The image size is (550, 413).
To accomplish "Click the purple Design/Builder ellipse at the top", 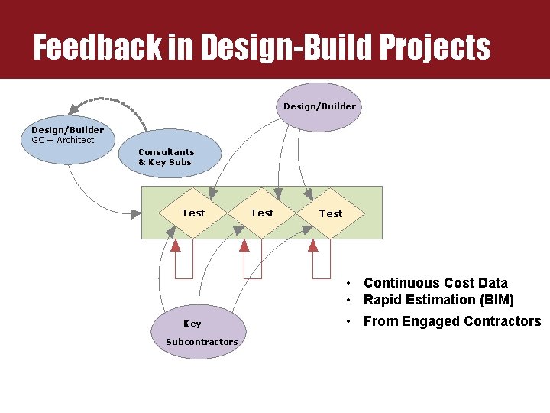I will click(x=319, y=106).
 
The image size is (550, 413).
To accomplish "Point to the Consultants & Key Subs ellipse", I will click(x=168, y=157).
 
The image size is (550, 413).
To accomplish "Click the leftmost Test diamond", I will click(x=193, y=213).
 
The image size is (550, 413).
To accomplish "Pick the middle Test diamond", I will click(x=262, y=213).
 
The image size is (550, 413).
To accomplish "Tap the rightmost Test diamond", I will click(x=331, y=213).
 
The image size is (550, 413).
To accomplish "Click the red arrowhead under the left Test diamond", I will click(x=176, y=246).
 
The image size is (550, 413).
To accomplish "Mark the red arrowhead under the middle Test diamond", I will click(x=244, y=246).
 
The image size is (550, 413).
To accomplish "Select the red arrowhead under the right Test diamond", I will click(x=312, y=246).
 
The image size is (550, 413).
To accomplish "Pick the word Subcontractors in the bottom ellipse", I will click(x=202, y=342).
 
